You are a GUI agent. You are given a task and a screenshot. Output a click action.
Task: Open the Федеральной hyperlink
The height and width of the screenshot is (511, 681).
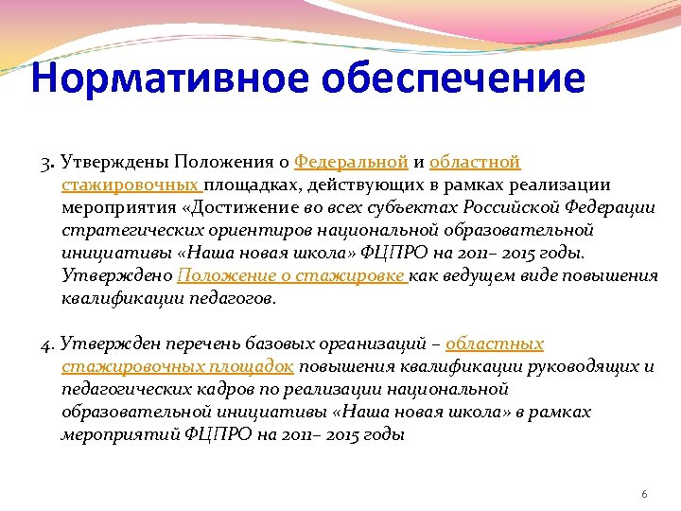(x=351, y=162)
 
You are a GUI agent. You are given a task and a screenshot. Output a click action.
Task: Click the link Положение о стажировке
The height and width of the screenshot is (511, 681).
(x=291, y=275)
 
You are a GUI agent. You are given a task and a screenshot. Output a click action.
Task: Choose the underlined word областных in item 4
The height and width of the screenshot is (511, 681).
(x=494, y=344)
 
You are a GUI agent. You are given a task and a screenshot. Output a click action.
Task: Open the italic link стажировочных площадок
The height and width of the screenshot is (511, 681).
(x=177, y=366)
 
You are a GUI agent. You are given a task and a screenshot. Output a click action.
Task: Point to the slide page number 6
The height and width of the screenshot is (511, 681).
(x=644, y=495)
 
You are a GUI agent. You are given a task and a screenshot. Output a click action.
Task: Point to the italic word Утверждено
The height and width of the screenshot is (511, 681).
(x=117, y=275)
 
